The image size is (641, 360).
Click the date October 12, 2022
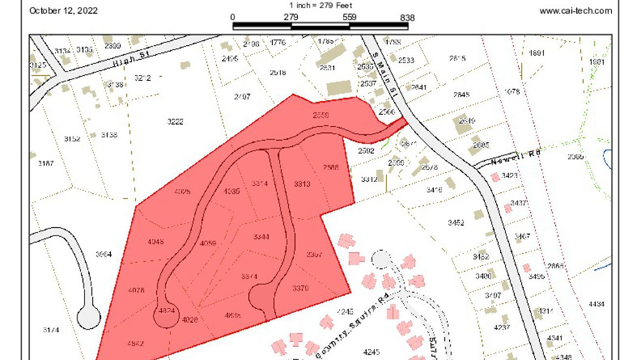coord(63,11)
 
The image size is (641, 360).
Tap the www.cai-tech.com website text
coord(576,11)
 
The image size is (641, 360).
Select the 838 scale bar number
coord(407,18)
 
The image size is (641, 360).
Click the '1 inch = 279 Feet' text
coord(320,6)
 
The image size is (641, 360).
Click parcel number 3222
coord(175,122)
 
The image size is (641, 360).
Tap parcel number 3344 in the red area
coord(261,237)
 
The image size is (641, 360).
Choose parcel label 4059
coord(208,243)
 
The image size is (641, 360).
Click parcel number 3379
coord(300,288)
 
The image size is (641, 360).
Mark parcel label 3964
coord(104,254)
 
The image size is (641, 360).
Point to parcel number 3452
coord(455,223)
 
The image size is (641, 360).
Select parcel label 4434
coord(596,304)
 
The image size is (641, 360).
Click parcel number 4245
coord(372,351)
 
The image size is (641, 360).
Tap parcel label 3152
coord(72,139)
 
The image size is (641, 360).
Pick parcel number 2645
coord(461,95)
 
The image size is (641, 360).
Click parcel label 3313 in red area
coord(302,184)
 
